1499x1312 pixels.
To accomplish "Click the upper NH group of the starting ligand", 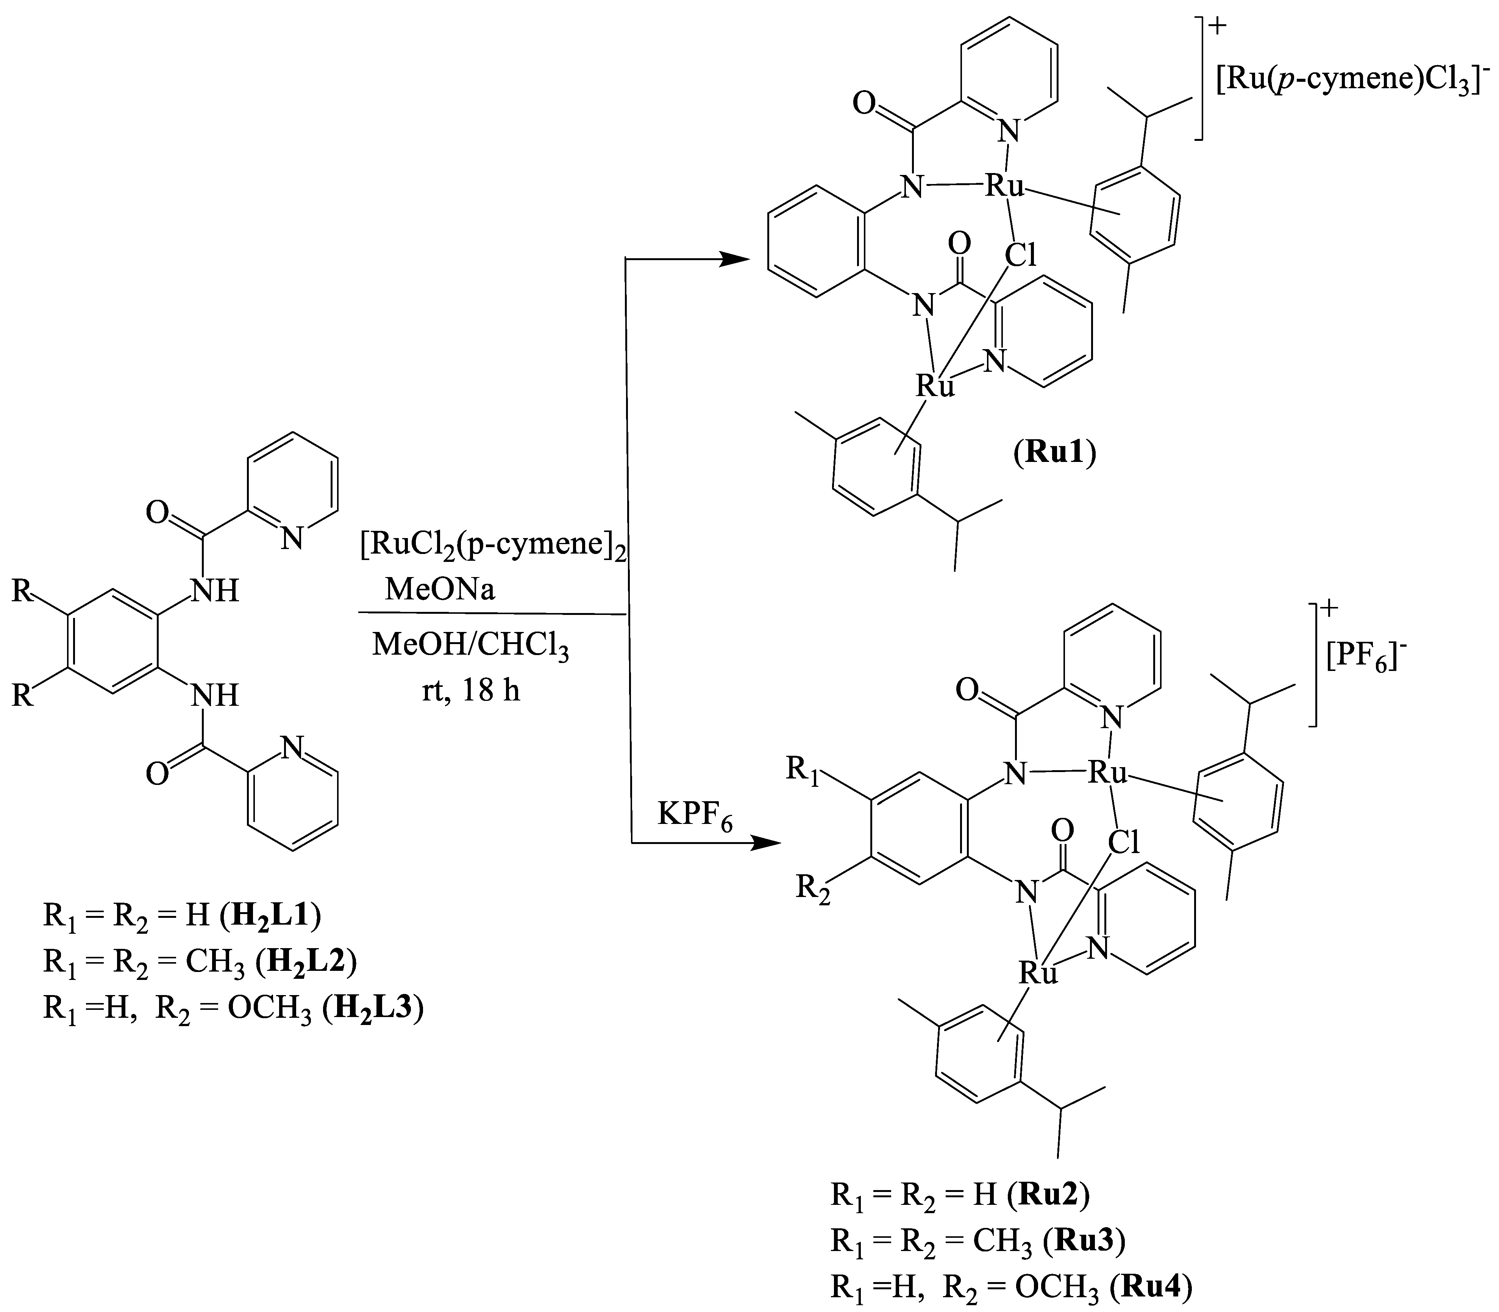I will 215,590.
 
